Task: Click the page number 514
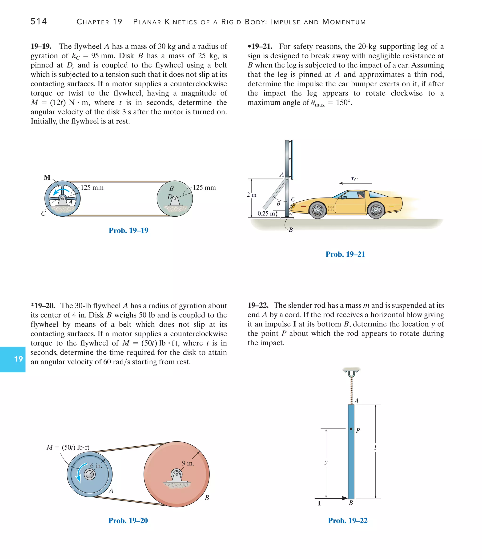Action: [39, 21]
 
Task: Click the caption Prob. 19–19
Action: [128, 230]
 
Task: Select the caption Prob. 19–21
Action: [345, 254]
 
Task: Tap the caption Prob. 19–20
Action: [128, 520]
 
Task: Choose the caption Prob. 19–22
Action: [348, 520]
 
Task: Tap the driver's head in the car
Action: [360, 194]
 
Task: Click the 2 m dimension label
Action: [251, 195]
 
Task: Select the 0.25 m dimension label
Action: [266, 213]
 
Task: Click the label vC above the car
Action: [354, 178]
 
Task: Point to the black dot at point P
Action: [351, 429]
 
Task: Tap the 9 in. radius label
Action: [188, 463]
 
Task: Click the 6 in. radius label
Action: [96, 466]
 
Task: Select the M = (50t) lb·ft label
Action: [68, 447]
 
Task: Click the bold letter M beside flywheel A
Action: [47, 177]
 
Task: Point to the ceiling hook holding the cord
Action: [351, 373]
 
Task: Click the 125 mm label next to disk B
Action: [204, 187]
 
